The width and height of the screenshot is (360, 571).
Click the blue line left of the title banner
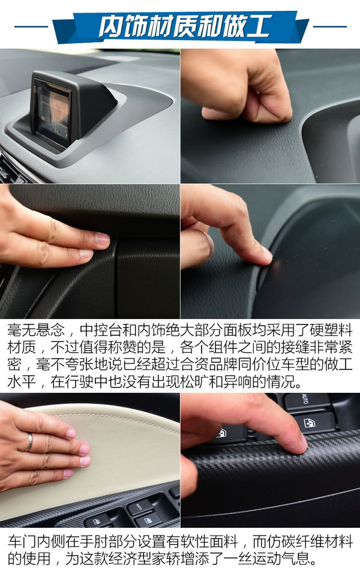pos(31,26)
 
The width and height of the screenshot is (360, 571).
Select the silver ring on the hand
pos(29,442)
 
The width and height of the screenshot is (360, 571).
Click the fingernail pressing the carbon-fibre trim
pos(303,443)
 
